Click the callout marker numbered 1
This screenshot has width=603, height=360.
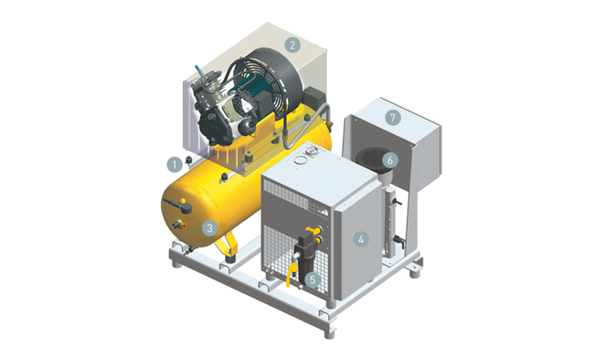click(172, 164)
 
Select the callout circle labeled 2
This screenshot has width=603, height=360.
click(292, 44)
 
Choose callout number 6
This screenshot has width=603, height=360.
click(390, 159)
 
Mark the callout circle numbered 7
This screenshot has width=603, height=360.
click(393, 118)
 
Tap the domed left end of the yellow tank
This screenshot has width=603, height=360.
click(173, 209)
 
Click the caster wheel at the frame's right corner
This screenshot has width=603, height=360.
click(416, 271)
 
